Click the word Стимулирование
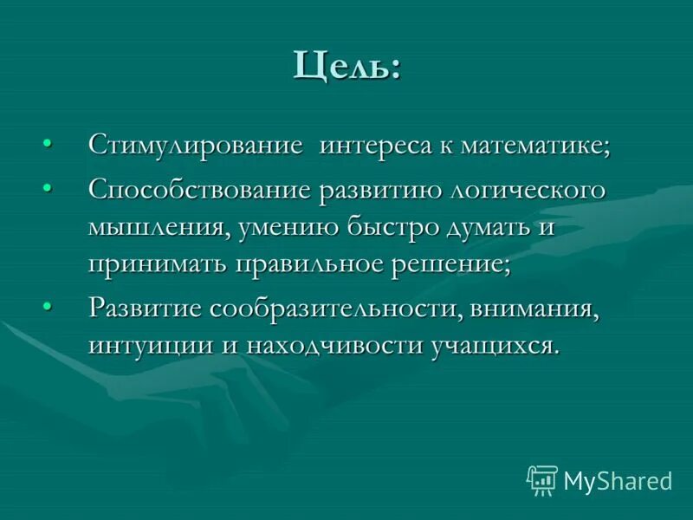(x=196, y=145)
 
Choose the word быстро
(x=394, y=227)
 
